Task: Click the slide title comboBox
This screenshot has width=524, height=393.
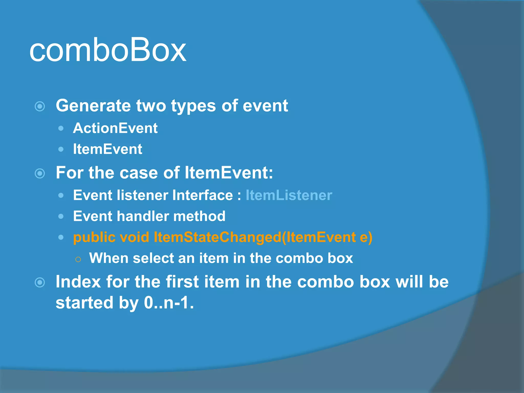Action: click(x=107, y=50)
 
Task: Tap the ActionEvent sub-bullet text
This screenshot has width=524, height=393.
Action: click(x=115, y=128)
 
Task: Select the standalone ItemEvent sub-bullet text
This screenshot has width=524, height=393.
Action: click(x=107, y=149)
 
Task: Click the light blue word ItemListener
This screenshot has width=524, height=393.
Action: click(x=289, y=195)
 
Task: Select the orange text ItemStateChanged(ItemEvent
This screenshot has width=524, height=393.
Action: click(x=255, y=237)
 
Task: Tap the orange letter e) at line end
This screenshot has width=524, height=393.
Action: click(x=366, y=237)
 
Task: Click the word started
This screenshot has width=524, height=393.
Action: click(x=84, y=303)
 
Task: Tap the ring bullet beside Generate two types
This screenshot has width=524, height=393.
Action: click(x=40, y=106)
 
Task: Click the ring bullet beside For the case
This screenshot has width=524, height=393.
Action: click(x=40, y=173)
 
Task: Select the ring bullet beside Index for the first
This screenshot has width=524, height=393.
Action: click(x=40, y=282)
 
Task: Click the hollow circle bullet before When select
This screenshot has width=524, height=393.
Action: click(x=78, y=259)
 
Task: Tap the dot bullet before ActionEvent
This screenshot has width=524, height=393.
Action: click(x=61, y=128)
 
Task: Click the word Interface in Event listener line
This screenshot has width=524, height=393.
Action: click(x=202, y=195)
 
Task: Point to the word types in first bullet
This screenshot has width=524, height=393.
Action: click(x=193, y=106)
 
